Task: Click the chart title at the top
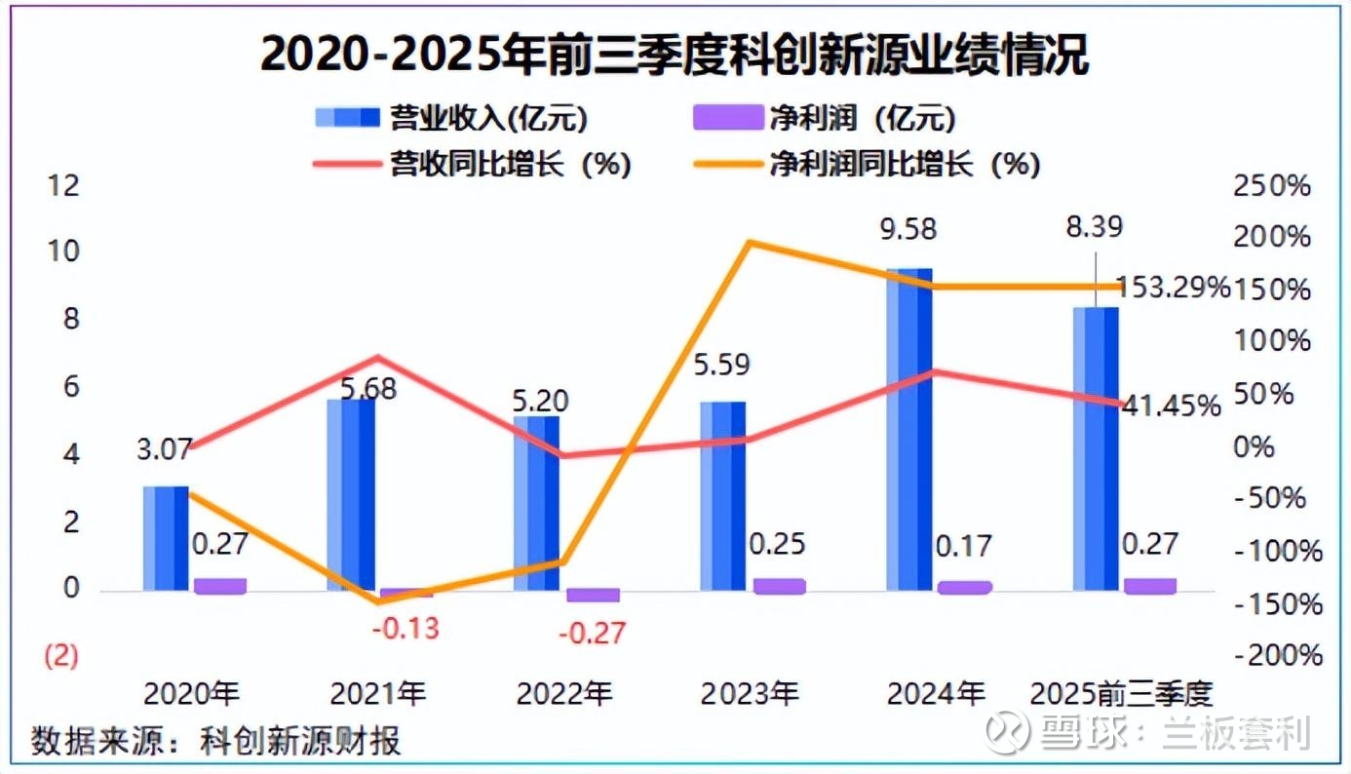click(675, 57)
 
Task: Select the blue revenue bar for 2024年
click(909, 429)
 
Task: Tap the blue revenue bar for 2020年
click(166, 537)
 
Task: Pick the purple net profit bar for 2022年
click(593, 595)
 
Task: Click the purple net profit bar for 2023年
click(779, 585)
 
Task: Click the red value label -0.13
click(405, 627)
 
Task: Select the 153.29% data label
click(1173, 288)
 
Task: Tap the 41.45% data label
click(1169, 405)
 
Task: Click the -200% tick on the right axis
click(1278, 655)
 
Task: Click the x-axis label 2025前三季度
click(1121, 694)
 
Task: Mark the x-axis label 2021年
click(378, 694)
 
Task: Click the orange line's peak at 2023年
click(748, 241)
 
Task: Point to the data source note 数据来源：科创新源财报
click(216, 741)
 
